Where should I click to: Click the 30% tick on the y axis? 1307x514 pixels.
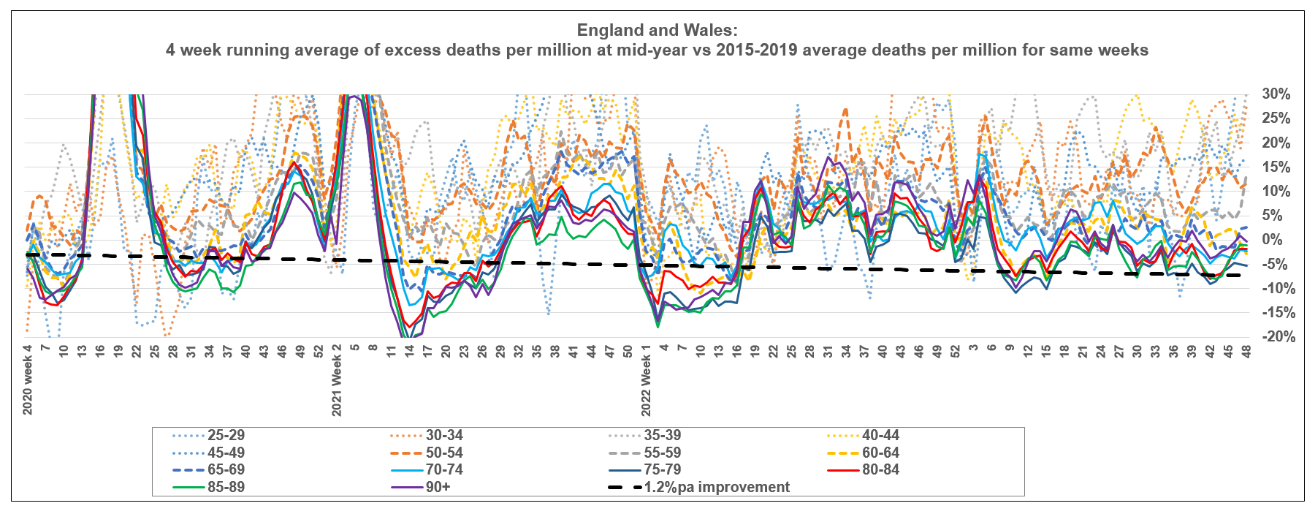[x=1276, y=94]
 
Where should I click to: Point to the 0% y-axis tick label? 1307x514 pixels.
[x=1272, y=240]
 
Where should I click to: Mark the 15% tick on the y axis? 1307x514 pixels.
[x=1276, y=167]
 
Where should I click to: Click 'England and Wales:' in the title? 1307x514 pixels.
[x=657, y=31]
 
